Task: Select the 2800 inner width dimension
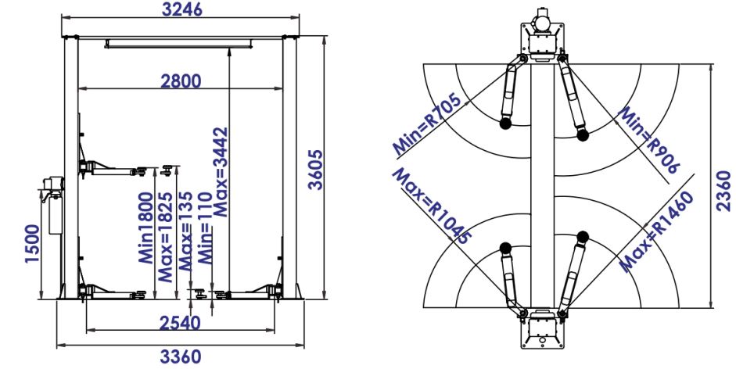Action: (x=181, y=81)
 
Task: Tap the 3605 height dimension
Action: (x=316, y=170)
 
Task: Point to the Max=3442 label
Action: (x=220, y=172)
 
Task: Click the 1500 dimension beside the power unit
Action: (x=32, y=243)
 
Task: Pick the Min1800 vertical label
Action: (x=146, y=227)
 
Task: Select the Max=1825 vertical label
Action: (x=166, y=237)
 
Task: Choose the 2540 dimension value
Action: (x=180, y=323)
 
